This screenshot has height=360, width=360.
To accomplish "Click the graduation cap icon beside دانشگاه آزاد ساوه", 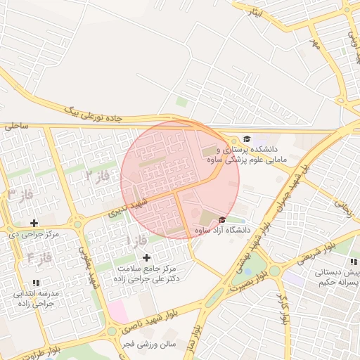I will click(223, 219).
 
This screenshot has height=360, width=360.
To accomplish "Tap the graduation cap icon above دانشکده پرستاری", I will click(246, 138).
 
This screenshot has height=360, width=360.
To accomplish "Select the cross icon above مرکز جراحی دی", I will click(34, 222).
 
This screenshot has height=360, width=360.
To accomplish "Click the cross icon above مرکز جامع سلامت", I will click(146, 257).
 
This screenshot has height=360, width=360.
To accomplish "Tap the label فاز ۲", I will click(98, 174).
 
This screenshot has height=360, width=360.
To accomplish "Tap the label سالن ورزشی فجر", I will click(147, 344).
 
